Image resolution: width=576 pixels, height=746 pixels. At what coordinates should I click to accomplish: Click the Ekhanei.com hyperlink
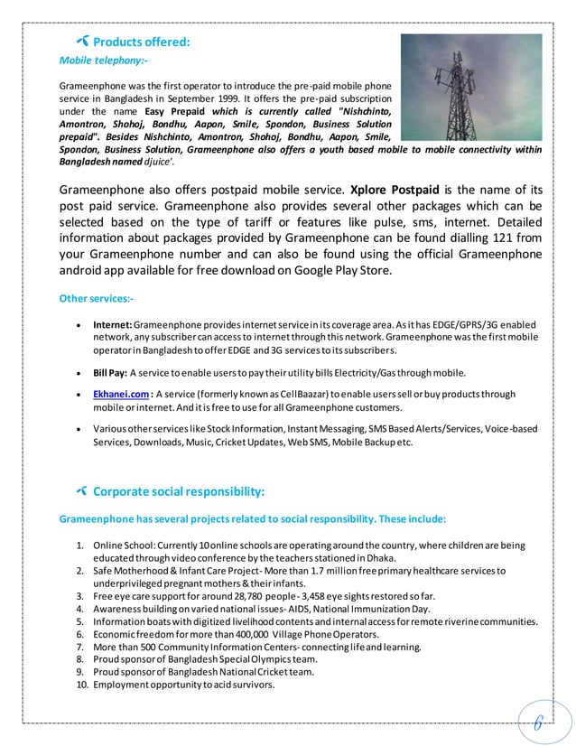pos(121,394)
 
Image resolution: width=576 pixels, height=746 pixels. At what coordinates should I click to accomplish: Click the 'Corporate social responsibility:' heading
pos(179,491)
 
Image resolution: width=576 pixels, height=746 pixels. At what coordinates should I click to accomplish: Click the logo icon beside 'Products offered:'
pos(83,42)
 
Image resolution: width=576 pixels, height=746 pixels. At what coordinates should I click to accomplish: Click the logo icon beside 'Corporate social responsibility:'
pos(83,491)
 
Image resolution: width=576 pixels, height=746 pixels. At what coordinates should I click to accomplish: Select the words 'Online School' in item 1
pos(125,546)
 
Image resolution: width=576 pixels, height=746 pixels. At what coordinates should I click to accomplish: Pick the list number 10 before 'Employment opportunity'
pos(80,685)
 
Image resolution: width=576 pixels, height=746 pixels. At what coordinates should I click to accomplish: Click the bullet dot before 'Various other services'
pos(81,431)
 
